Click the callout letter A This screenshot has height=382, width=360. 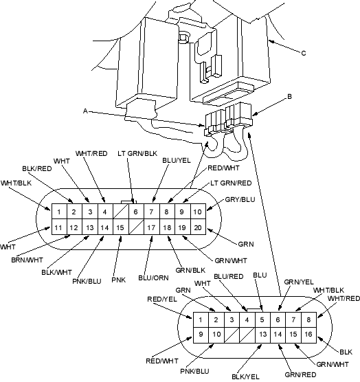85,111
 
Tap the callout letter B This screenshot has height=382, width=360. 289,96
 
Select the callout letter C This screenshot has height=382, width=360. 304,53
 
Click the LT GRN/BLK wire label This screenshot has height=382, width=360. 137,153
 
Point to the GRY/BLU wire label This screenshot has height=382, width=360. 240,199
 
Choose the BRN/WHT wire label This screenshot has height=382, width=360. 27,260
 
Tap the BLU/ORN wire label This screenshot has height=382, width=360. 153,278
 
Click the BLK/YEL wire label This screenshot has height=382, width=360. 245,377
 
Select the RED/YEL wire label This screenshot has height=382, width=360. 162,299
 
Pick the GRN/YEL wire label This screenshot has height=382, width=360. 299,282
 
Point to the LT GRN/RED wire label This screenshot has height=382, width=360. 231,183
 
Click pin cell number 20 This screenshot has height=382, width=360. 198,227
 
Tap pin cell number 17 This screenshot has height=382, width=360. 152,227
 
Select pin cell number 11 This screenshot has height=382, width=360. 59,227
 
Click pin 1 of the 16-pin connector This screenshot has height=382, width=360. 201,319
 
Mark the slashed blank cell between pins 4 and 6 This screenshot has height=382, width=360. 121,212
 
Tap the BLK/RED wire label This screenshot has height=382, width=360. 37,168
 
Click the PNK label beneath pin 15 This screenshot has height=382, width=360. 119,280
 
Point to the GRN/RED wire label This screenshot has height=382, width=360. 300,374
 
